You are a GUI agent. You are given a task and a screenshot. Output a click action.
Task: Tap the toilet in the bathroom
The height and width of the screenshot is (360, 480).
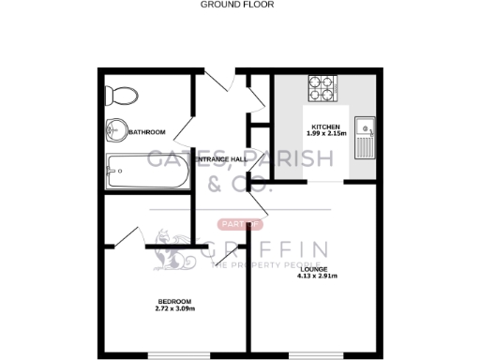(117, 93)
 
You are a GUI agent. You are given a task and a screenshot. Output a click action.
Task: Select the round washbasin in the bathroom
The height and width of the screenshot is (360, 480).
(116, 130)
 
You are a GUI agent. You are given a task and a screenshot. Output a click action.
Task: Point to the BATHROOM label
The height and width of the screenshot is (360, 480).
(147, 132)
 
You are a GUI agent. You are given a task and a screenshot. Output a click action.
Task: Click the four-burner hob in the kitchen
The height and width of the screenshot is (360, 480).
(320, 89)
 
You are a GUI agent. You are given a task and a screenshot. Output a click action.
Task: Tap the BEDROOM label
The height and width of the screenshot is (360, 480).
(176, 302)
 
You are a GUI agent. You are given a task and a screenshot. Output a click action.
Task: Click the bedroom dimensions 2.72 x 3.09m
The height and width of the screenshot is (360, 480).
(176, 308)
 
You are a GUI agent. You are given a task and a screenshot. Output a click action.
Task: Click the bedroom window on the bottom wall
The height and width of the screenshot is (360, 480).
(175, 354)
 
